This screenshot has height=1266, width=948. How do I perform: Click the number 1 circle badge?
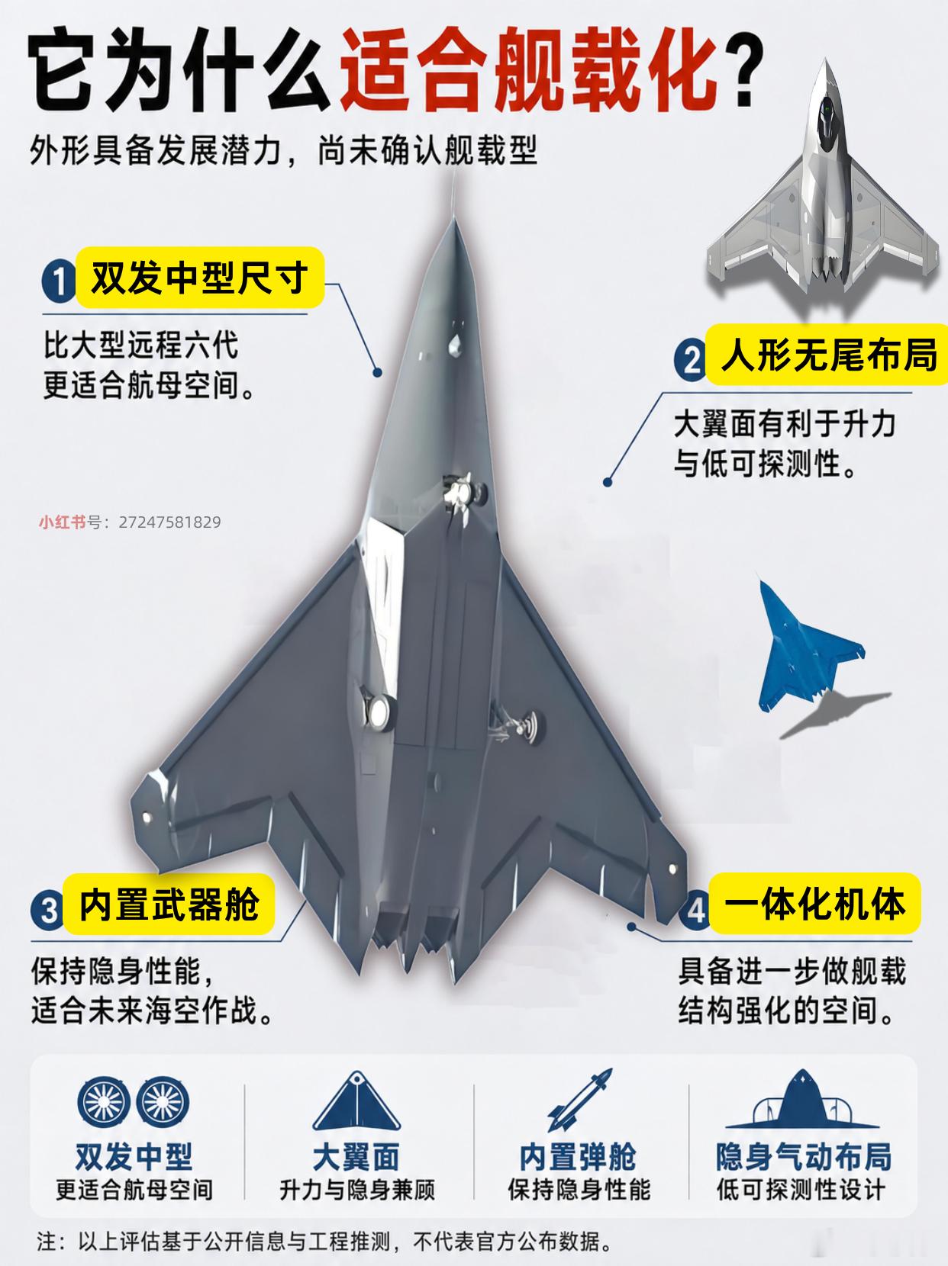click(58, 282)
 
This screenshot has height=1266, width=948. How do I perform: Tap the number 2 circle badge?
click(691, 361)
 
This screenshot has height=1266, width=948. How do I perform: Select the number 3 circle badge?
click(48, 910)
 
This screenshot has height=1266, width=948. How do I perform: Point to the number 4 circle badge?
click(695, 911)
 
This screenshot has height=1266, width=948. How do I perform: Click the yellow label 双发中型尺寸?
click(200, 278)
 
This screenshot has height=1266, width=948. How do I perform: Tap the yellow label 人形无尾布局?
click(827, 354)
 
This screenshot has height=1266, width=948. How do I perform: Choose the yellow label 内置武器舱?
click(169, 904)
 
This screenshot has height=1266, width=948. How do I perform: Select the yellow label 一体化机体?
click(814, 903)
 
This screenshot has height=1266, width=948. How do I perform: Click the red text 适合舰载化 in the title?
click(529, 70)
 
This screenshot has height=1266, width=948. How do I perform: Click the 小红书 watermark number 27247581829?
click(169, 522)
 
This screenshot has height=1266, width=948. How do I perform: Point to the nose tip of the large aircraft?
click(454, 218)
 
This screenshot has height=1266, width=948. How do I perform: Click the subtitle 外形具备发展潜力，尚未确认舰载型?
click(283, 150)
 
